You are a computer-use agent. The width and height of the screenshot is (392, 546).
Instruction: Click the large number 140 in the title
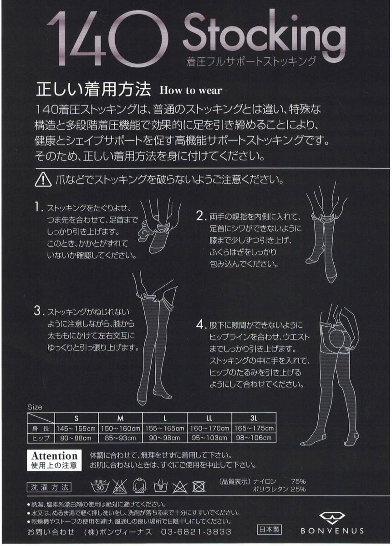(x=107, y=39)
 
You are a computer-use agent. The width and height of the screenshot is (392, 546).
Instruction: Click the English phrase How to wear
(x=191, y=91)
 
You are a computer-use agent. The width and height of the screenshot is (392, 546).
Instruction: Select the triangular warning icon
(x=43, y=180)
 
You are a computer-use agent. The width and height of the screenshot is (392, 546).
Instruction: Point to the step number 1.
(x=38, y=207)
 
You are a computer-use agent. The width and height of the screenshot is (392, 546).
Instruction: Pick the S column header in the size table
(x=76, y=418)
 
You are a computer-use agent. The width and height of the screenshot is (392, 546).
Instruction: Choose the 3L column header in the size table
(x=254, y=418)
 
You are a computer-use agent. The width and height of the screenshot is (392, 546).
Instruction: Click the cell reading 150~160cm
(x=121, y=428)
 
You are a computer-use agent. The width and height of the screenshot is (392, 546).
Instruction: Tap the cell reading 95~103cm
(x=209, y=438)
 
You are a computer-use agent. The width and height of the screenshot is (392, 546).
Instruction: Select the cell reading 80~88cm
(x=76, y=438)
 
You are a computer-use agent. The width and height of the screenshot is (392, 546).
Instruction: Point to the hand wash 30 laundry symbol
(x=100, y=486)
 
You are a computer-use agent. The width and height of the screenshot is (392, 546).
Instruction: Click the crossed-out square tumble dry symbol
(x=199, y=487)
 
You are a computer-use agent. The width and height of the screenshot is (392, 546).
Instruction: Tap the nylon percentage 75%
(x=298, y=481)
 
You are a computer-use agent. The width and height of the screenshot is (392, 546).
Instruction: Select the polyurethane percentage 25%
(x=298, y=489)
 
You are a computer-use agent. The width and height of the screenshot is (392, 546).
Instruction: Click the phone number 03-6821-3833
(x=196, y=531)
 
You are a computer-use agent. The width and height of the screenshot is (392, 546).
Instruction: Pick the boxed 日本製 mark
(x=270, y=530)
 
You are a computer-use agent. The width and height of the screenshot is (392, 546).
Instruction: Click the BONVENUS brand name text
(x=332, y=531)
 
